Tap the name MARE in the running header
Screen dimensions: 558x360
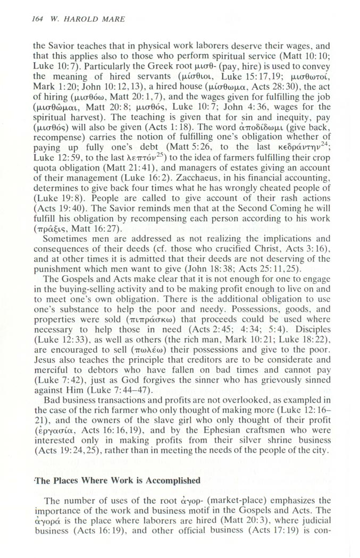(111, 19)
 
